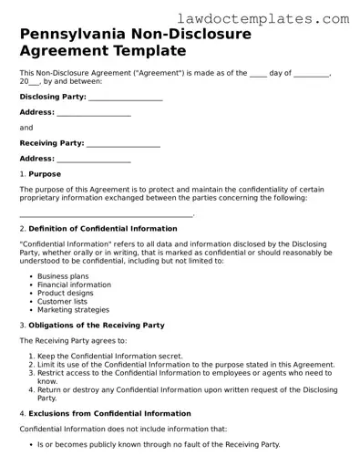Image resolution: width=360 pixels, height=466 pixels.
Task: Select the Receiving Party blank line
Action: tap(123, 143)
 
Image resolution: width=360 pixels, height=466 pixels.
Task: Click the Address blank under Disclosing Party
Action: tap(94, 112)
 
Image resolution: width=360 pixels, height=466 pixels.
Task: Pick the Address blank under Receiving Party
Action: tap(94, 159)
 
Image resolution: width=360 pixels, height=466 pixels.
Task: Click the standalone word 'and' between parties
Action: tap(26, 128)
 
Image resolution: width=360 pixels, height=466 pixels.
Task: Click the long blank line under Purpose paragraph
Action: tap(106, 214)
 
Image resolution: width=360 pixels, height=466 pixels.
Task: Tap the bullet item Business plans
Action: tap(63, 275)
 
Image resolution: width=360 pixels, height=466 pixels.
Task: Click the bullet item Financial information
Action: tap(74, 285)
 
